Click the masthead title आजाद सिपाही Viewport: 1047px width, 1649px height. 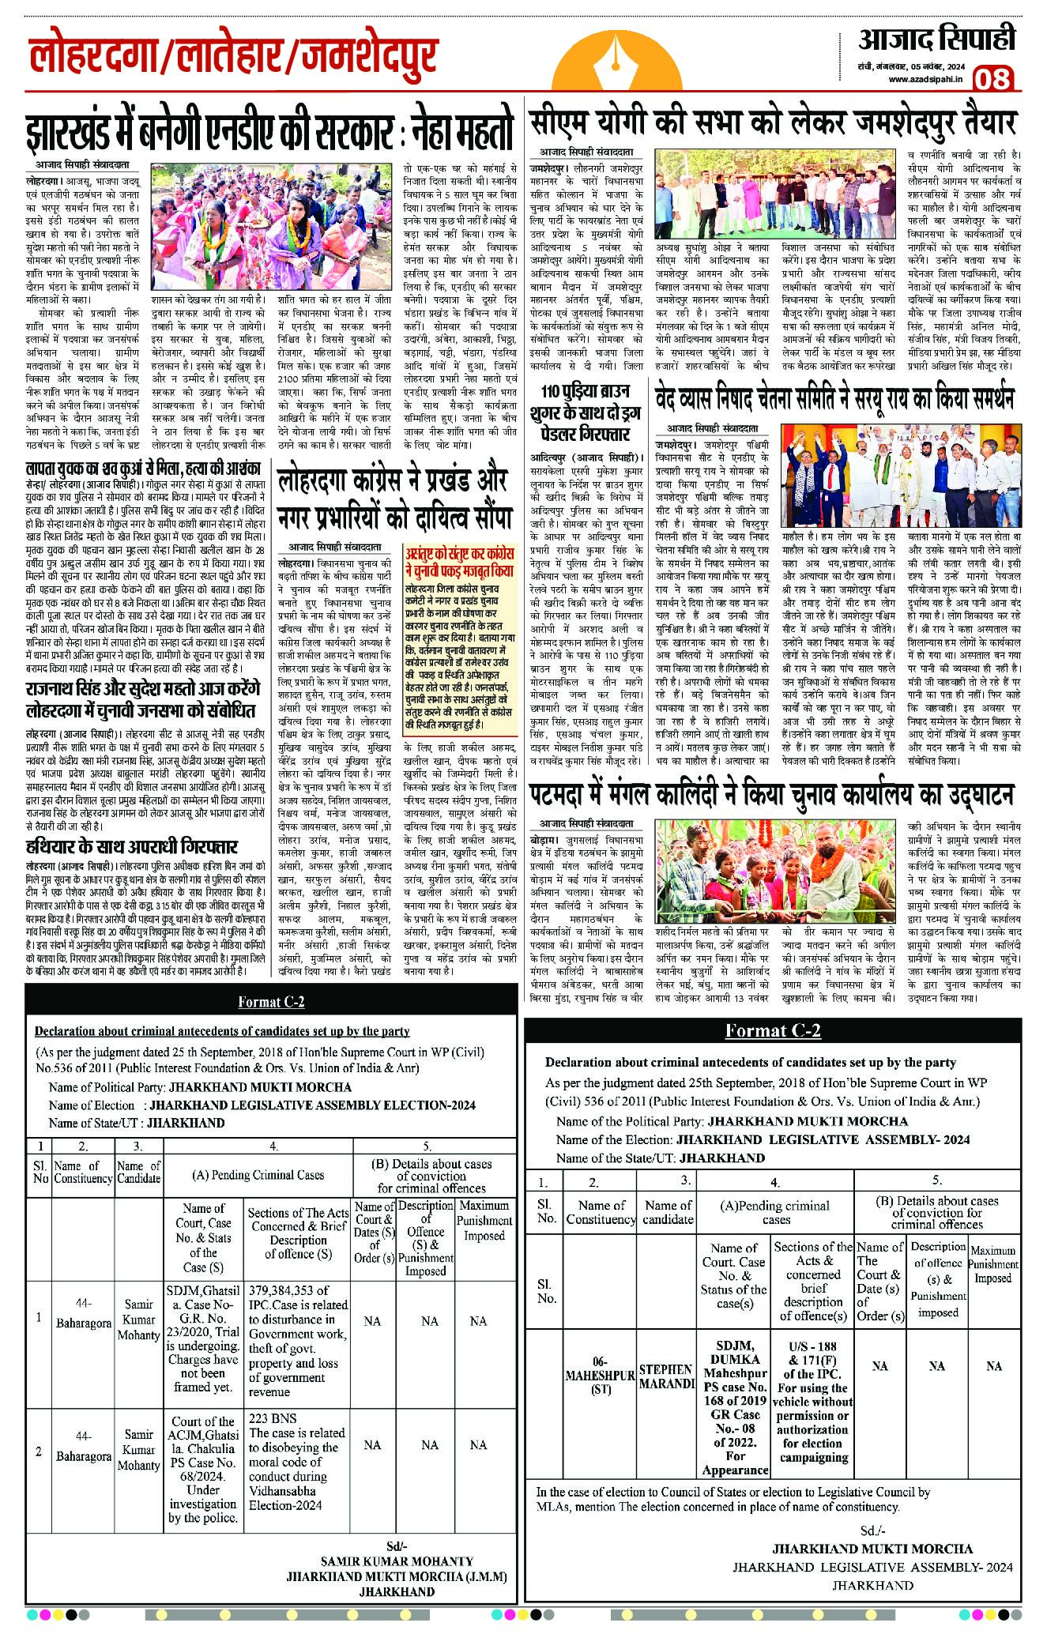[936, 39]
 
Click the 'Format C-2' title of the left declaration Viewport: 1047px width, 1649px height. [271, 1002]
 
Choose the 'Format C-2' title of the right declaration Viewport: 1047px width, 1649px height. [773, 1030]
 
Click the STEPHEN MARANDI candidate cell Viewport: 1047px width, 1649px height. [666, 1376]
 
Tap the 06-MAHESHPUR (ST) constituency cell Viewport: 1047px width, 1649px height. [600, 1376]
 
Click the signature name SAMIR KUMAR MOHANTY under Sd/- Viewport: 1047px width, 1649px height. [397, 1561]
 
